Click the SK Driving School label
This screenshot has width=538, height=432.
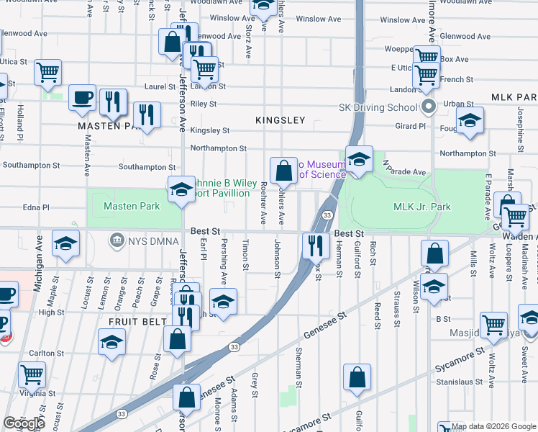coord(378,108)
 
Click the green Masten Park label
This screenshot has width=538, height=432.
coord(132,207)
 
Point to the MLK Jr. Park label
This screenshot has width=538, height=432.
coord(421,207)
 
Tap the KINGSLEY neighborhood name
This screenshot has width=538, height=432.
coord(281,120)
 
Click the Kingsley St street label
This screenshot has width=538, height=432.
coord(209,130)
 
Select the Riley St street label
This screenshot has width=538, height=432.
coord(204,104)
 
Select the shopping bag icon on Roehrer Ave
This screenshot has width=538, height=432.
coord(284,170)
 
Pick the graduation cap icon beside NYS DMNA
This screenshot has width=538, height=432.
coord(65,244)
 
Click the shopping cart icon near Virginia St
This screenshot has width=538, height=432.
coord(32,374)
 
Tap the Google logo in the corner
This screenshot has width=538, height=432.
coord(24,423)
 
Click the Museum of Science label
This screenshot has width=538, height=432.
coord(322,169)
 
